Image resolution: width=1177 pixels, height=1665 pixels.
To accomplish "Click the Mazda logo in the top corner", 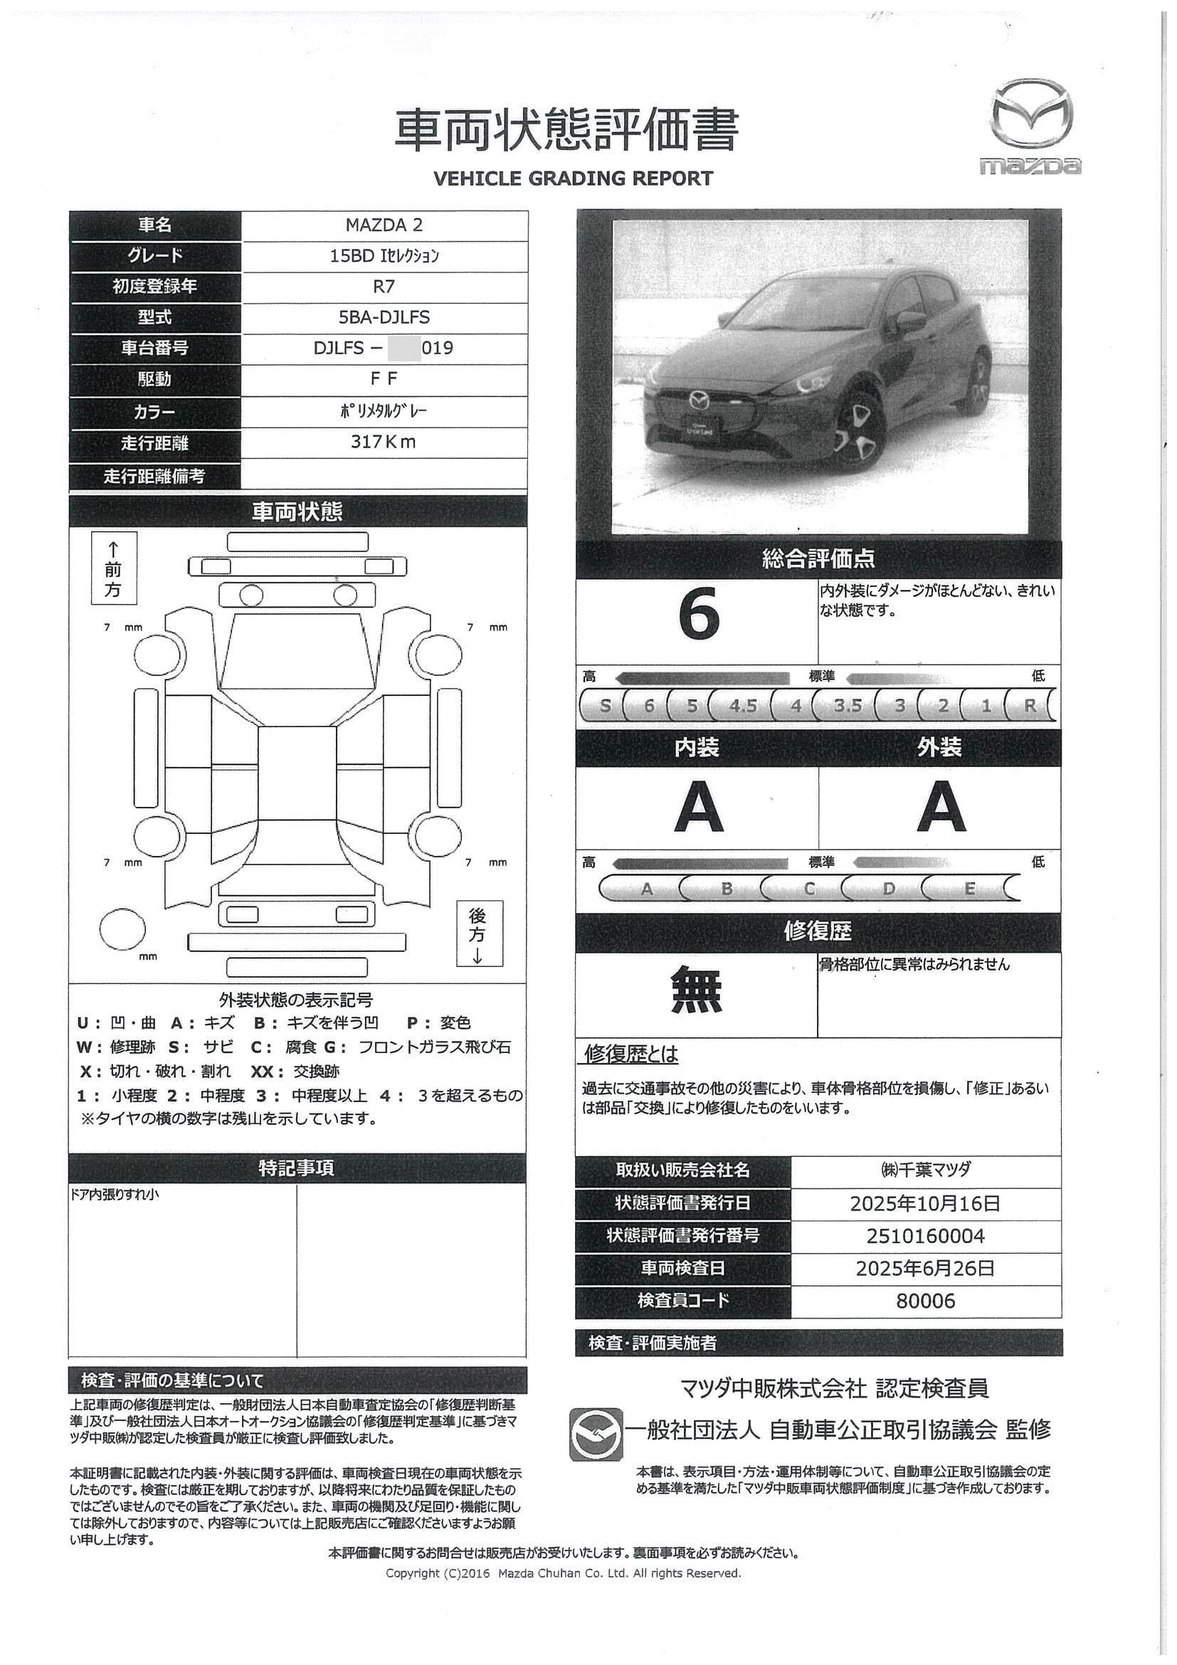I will [x=1030, y=125].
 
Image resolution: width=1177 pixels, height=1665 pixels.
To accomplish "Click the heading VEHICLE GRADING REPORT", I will [x=573, y=179].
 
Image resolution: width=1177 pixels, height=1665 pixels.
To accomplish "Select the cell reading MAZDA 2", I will [x=384, y=226].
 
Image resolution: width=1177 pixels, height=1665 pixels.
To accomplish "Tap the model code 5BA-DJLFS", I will [x=384, y=317].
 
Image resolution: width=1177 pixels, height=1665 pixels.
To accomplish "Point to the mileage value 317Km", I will [x=384, y=442].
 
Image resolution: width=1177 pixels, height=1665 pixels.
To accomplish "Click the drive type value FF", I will [x=384, y=379].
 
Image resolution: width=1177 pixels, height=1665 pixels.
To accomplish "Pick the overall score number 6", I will [x=698, y=614].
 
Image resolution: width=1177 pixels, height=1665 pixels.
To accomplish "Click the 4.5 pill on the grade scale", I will [x=743, y=706].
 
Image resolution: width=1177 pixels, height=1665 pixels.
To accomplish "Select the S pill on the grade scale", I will [x=605, y=706].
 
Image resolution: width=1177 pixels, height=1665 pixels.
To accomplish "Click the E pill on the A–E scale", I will [x=969, y=889].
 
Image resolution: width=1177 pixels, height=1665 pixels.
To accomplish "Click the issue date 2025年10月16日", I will [x=925, y=1204].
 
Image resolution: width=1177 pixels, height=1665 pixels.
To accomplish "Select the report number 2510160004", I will [x=925, y=1237].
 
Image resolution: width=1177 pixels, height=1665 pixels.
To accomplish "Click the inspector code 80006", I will [x=925, y=1301].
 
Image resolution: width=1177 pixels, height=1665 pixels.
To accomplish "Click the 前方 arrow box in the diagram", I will [x=113, y=570].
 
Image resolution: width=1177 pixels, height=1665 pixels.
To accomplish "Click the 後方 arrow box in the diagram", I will [x=478, y=934].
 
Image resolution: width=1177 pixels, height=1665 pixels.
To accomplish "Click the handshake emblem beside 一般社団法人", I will [x=596, y=1434].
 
